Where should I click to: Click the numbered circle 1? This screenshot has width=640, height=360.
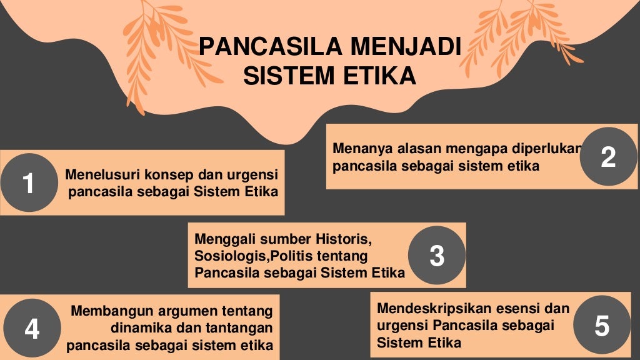click(x=28, y=183)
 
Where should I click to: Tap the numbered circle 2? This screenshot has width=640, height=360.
click(x=608, y=156)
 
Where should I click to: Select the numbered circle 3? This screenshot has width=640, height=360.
click(x=436, y=255)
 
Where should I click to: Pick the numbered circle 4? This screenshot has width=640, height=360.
click(x=32, y=328)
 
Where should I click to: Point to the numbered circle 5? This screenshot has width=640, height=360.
click(x=601, y=325)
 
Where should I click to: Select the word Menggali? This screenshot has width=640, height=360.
click(x=222, y=239)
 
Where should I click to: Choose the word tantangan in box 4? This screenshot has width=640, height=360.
click(x=239, y=327)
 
